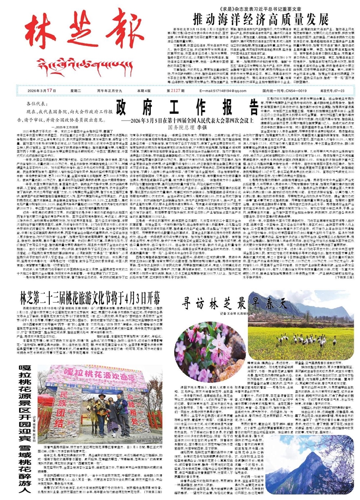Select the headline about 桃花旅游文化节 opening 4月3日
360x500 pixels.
click(x=94, y=296)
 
